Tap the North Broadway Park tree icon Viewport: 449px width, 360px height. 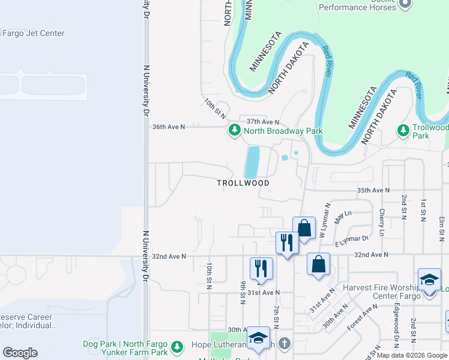(235, 131)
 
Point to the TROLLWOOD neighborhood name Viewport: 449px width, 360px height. (243, 183)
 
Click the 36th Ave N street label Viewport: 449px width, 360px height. (169, 127)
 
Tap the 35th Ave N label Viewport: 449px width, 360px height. (373, 190)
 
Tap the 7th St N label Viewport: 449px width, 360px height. (276, 317)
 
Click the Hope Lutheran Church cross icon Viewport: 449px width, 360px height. (285, 344)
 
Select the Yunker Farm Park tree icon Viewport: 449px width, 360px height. (176, 347)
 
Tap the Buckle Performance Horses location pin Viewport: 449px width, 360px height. (405, 4)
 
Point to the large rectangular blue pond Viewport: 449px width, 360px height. (252, 161)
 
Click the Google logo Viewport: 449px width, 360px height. (20, 353)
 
